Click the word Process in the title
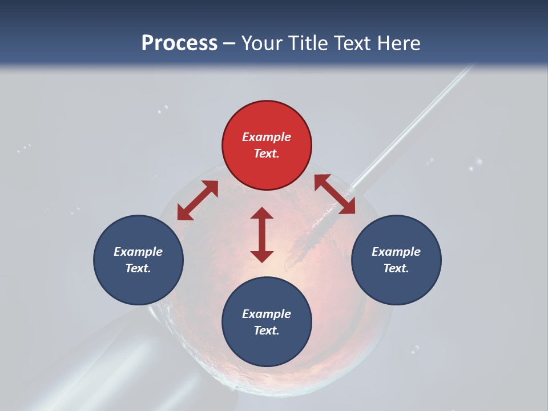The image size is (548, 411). [x=179, y=43]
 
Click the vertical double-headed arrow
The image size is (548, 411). [x=262, y=235]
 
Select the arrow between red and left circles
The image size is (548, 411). [x=198, y=200]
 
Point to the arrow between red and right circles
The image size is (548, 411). [x=335, y=195]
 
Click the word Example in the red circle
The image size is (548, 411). [x=267, y=137]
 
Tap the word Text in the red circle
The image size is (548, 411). [x=265, y=154]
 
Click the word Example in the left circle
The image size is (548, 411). [x=138, y=252]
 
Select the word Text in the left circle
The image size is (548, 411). [x=138, y=268]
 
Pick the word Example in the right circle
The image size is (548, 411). [x=396, y=252]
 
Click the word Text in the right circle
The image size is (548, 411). [x=395, y=268]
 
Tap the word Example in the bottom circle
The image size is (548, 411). [x=267, y=314]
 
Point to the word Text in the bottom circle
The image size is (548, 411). [x=265, y=331]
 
